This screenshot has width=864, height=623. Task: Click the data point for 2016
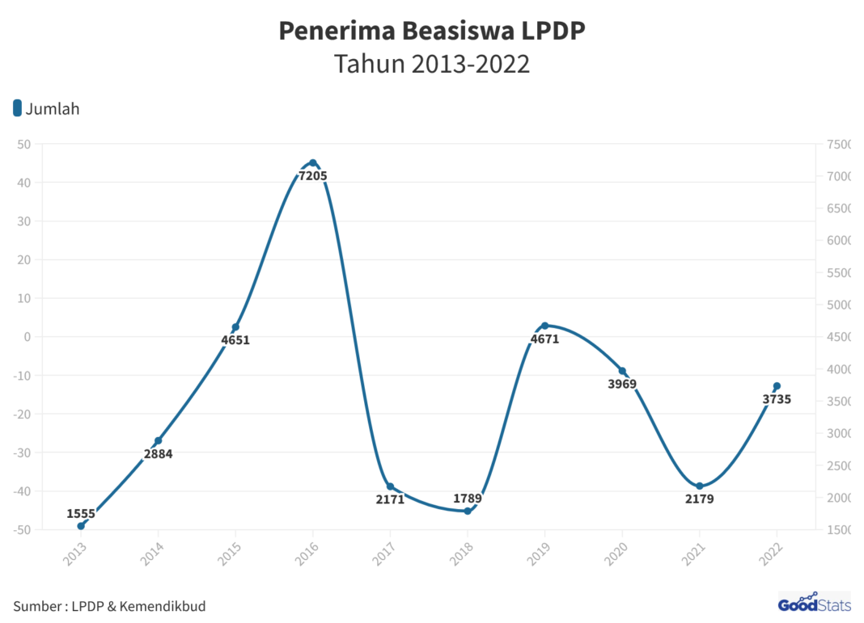point(313,162)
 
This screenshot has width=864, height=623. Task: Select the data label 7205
point(313,175)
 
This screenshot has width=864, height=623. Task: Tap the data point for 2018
point(468,511)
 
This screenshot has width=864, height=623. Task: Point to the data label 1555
point(81,513)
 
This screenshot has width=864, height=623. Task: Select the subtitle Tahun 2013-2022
point(432,64)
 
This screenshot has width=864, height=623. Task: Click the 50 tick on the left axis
point(24,145)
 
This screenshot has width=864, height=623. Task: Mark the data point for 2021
point(700,486)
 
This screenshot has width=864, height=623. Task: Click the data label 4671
point(544,339)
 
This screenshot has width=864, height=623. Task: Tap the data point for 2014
point(159,440)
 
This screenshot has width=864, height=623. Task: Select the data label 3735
point(777,398)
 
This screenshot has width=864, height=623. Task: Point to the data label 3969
point(622,384)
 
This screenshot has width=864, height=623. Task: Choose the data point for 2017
point(390,486)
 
